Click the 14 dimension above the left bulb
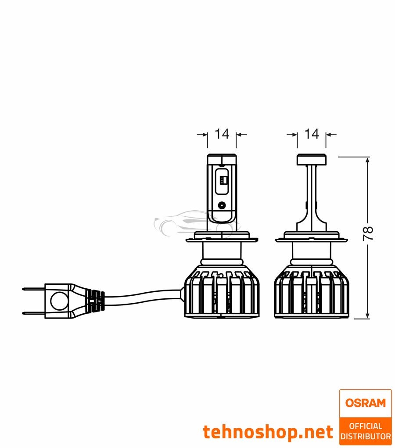click(222, 134)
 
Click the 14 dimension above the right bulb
click(312, 134)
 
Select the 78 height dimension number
click(368, 233)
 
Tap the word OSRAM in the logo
click(365, 403)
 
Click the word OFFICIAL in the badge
click(365, 426)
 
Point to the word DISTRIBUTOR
click(365, 436)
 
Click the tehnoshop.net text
click(268, 432)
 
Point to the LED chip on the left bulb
click(223, 180)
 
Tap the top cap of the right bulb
click(312, 159)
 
